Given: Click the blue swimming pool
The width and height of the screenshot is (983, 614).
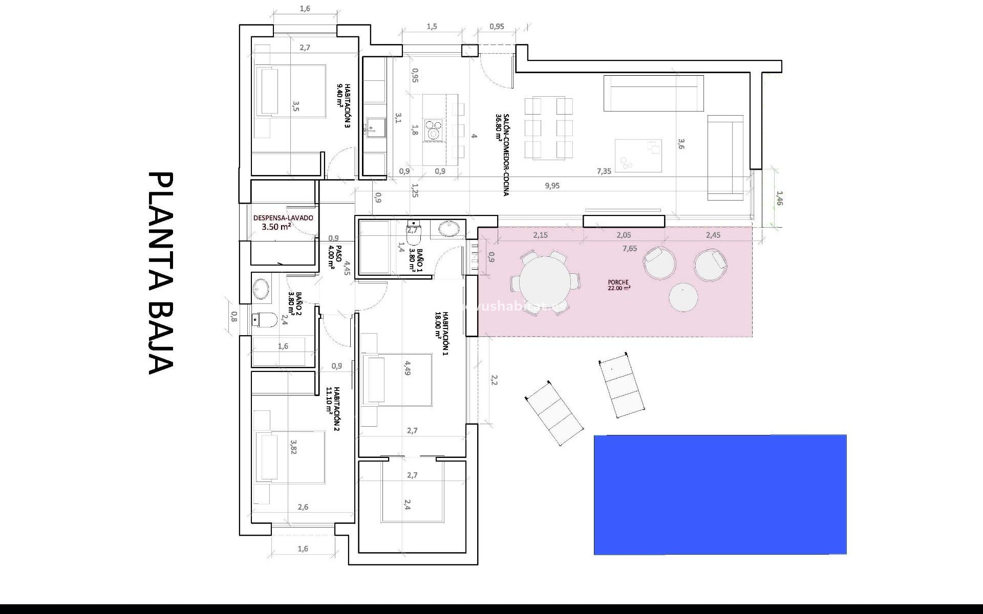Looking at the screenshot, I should pos(720,494).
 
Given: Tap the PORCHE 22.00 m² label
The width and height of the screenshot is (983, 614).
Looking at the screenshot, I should pos(618,285).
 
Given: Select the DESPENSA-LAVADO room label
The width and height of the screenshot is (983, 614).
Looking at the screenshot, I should pos(283,222).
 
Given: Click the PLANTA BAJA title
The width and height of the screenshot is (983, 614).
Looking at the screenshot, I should pos(161,273).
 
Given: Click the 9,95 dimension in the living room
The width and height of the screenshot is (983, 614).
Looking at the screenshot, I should pos(552,186).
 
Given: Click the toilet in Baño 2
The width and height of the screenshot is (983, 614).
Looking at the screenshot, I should pos(265,320).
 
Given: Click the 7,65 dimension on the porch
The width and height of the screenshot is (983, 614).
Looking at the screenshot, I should pos(630,249).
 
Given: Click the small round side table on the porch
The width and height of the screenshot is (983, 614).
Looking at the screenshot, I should pos(683,297).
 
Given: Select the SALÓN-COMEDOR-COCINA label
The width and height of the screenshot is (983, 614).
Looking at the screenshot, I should pos(502,155).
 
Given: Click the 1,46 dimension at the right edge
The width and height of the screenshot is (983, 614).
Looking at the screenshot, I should pos(779,199).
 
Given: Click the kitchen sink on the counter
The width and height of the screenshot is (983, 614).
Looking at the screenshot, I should pos(376,125).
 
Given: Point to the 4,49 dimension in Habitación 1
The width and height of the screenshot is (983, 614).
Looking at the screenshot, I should pos(408,368).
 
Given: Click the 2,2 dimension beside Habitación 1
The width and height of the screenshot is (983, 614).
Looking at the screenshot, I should pos(494,380).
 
